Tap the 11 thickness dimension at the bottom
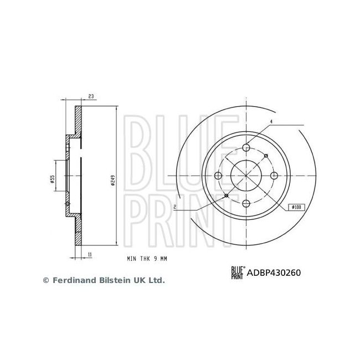pyautogui.click(x=89, y=254)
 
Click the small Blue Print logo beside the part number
pyautogui.click(x=237, y=272)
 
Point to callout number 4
pyautogui.click(x=271, y=121)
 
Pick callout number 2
pyautogui.click(x=174, y=207)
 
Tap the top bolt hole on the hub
pyautogui.click(x=246, y=148)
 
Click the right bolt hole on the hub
pyautogui.click(x=275, y=176)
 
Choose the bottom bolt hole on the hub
pyautogui.click(x=246, y=205)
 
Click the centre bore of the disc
pyautogui.click(x=246, y=176)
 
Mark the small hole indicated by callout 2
pyautogui.click(x=226, y=196)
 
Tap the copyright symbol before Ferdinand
pyautogui.click(x=46, y=281)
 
